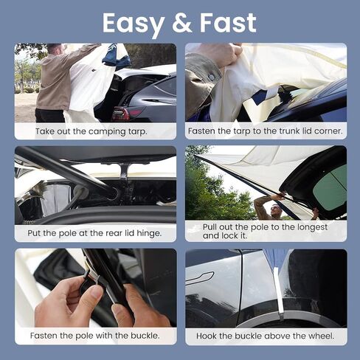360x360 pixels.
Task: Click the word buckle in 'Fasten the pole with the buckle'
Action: pos(142,336)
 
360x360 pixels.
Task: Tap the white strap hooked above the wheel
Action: pos(278,291)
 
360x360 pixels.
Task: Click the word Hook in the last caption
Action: pos(208,336)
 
